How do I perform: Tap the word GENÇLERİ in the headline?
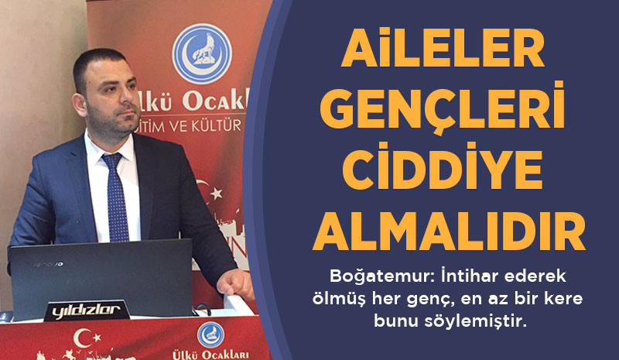(442, 108)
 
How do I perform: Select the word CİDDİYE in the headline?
(442, 166)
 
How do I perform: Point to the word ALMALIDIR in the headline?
(449, 231)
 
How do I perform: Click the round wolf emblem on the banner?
(202, 53)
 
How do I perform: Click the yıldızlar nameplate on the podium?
(87, 310)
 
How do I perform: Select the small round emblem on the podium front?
(210, 334)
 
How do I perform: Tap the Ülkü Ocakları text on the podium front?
(210, 355)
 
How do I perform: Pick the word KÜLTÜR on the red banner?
(217, 126)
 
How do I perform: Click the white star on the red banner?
(216, 194)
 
